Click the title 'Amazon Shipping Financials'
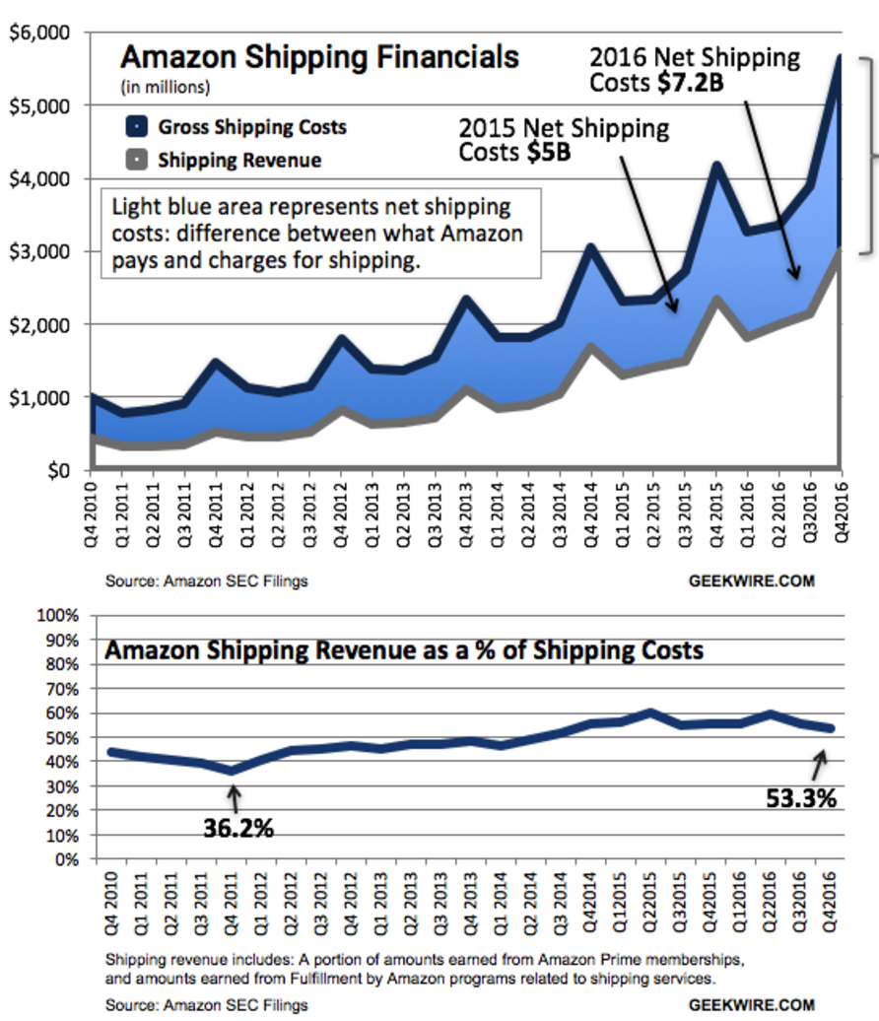[x=319, y=56]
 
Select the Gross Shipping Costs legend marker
[x=137, y=127]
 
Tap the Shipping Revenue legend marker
[x=137, y=159]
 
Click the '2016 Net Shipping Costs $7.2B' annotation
[x=695, y=69]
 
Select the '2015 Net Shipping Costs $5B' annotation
[x=564, y=140]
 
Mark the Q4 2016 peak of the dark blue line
[x=839, y=57]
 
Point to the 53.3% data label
[x=800, y=798]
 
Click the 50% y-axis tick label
[x=60, y=737]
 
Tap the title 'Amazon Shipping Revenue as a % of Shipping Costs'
[x=404, y=650]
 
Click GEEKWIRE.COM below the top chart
[x=751, y=580]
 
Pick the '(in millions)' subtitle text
[x=166, y=87]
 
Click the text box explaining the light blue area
[x=322, y=235]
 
